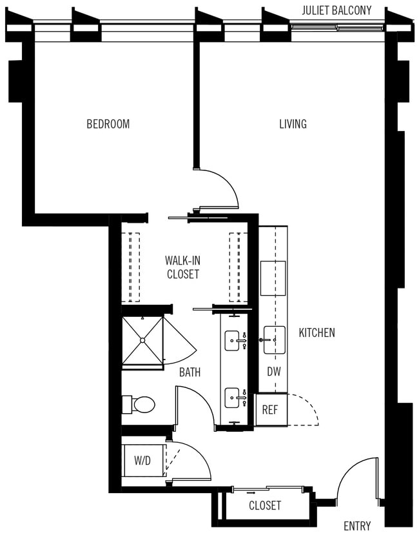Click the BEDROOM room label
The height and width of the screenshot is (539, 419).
click(108, 124)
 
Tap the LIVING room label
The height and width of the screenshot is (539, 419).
click(292, 124)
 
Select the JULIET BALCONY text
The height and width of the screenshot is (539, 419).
click(336, 10)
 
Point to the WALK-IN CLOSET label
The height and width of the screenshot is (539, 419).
click(182, 267)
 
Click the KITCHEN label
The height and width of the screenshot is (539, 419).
click(317, 333)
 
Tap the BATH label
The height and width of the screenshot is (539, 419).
click(190, 372)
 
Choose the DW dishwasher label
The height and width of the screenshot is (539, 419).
click(273, 372)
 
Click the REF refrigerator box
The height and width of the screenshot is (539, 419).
click(269, 410)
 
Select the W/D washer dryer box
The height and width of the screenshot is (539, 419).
click(143, 461)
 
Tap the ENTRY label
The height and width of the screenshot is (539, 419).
click(356, 525)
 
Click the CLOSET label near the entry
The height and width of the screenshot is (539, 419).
click(265, 505)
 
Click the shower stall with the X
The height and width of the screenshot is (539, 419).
click(141, 340)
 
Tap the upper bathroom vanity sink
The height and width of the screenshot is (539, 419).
click(233, 340)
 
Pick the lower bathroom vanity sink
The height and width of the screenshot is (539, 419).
click(233, 398)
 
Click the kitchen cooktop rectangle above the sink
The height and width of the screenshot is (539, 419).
click(273, 278)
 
